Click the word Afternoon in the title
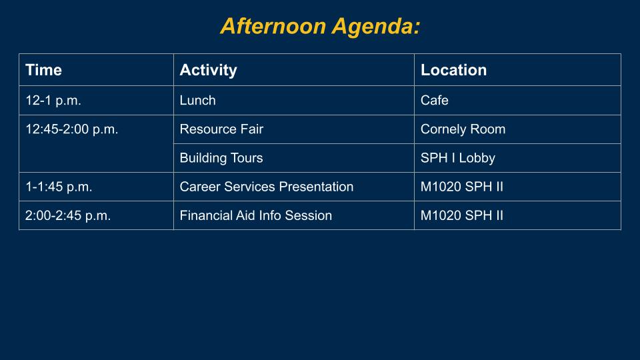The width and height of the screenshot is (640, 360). click(x=273, y=26)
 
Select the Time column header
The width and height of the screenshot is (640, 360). click(x=44, y=70)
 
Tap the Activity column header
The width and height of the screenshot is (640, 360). click(x=208, y=70)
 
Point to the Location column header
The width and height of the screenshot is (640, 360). click(x=453, y=70)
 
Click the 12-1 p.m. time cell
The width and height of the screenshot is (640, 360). click(x=53, y=101)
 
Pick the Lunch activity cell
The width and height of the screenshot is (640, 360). click(x=197, y=101)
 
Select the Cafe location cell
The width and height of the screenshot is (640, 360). click(x=434, y=101)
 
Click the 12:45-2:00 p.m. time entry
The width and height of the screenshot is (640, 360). click(x=72, y=129)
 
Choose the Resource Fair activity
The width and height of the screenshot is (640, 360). click(x=221, y=129)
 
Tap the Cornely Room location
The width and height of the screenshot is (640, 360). click(x=463, y=129)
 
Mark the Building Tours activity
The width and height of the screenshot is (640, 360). click(x=221, y=158)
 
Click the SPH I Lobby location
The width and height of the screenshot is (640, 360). click(x=458, y=158)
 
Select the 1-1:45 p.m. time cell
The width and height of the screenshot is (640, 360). click(x=59, y=187)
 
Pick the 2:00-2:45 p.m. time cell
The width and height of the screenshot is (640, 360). click(x=68, y=215)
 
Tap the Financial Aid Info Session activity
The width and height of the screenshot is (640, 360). click(x=256, y=215)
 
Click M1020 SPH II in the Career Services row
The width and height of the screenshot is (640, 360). click(x=461, y=187)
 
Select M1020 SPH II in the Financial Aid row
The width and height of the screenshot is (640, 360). click(x=461, y=215)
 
